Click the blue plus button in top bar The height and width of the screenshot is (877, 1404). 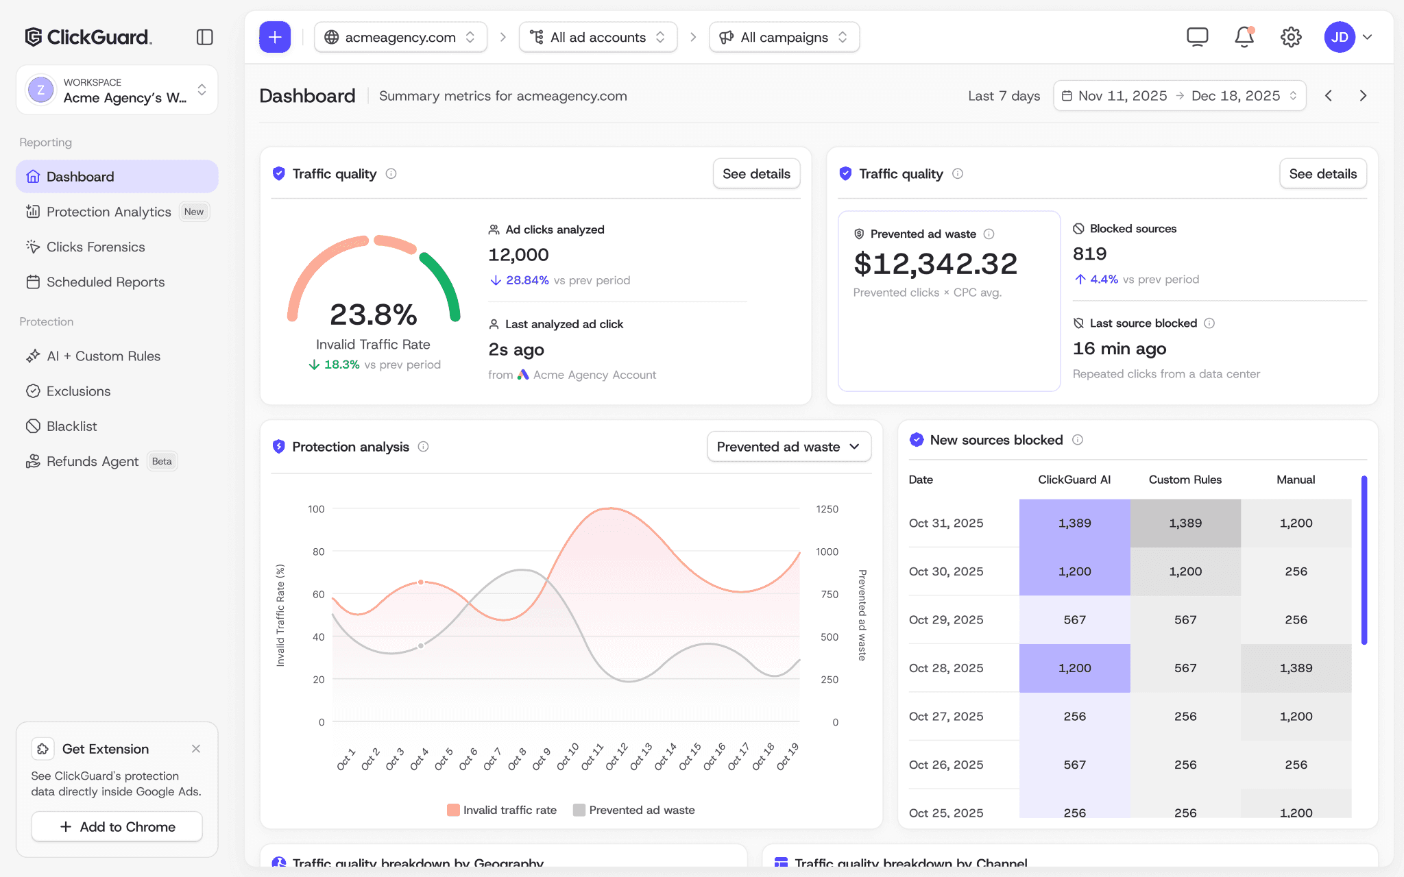[275, 37]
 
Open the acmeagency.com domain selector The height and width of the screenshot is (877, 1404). [400, 37]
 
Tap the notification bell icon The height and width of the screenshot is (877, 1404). [1244, 37]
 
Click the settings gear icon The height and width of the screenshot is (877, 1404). [1291, 37]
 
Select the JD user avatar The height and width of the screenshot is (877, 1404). [1340, 37]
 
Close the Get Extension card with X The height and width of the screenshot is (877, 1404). [196, 749]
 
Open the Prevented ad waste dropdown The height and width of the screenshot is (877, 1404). [789, 447]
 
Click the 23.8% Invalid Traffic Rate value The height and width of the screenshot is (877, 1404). [374, 314]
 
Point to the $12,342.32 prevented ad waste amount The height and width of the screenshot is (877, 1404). [935, 264]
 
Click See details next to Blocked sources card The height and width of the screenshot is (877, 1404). [1322, 174]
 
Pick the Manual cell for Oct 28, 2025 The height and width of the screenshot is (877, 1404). [1296, 668]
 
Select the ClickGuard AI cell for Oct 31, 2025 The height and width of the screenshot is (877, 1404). [1074, 523]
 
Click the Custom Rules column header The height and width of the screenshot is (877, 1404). [1185, 480]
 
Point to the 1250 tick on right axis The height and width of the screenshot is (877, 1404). [827, 509]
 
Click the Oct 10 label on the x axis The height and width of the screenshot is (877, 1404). [568, 756]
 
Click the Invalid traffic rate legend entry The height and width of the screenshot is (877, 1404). [502, 810]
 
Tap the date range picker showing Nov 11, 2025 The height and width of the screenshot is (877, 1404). [1179, 96]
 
